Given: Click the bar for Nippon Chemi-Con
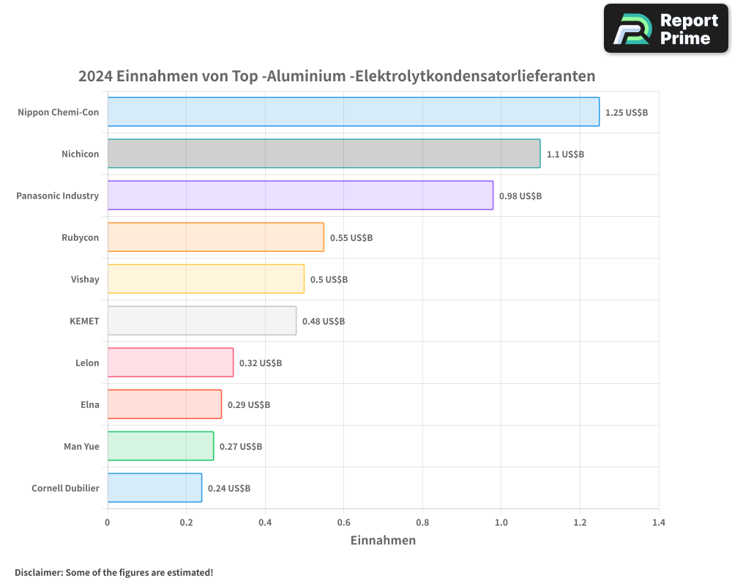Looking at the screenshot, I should point(354,112).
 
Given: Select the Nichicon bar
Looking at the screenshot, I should point(324,154).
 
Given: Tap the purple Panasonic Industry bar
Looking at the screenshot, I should point(300,196).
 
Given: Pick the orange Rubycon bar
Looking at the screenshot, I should point(215,237).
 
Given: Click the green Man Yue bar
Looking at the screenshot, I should point(160,446).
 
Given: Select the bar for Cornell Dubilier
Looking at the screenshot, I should point(154,488).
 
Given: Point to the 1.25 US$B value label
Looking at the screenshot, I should point(626,113).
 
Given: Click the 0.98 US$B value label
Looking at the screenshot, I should point(520,196).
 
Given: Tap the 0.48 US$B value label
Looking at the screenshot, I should point(323,322).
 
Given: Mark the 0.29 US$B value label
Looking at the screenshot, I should point(248,405).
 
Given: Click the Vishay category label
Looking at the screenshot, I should point(85,279).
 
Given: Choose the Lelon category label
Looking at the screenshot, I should point(87,363).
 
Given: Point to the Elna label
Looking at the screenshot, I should point(89,404).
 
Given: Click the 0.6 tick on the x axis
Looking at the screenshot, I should point(343,523).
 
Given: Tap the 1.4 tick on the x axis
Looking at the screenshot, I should point(658,523).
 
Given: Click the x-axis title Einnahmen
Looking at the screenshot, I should point(383,541).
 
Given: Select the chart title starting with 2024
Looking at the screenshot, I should point(337,76).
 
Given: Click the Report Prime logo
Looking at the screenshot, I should point(665,29).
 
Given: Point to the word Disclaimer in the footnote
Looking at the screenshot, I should point(38,572).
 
